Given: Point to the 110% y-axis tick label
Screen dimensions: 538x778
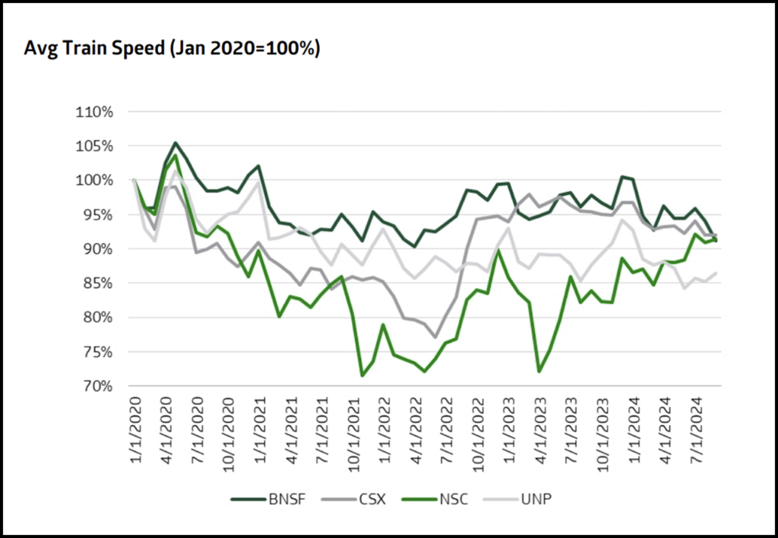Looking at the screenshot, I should click(94, 112).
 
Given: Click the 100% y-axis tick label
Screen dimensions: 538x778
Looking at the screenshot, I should click(94, 180).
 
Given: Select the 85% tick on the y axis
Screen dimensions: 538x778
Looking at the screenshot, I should click(96, 283).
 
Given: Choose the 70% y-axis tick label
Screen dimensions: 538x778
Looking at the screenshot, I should click(96, 387).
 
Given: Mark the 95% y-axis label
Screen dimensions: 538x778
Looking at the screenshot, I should click(96, 215).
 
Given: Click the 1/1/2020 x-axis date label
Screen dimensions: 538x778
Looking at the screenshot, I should click(134, 427).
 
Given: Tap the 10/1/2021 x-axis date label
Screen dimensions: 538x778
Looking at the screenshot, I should click(355, 431).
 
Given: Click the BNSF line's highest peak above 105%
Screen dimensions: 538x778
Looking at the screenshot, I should click(176, 143).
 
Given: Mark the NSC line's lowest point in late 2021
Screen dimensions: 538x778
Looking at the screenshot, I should click(362, 375).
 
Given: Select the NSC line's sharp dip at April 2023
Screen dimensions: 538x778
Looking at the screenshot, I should click(539, 372).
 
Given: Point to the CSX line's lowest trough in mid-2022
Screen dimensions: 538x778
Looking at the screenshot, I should click(435, 337).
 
